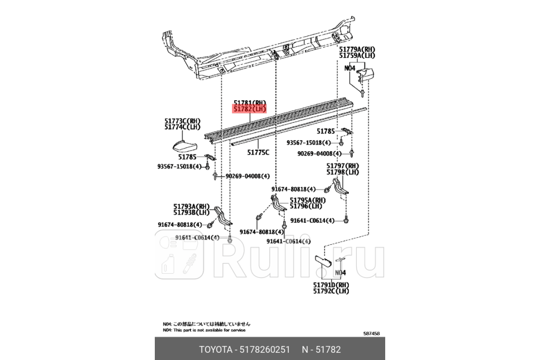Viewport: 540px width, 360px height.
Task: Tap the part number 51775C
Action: pos(258,153)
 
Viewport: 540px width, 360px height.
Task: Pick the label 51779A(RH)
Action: pos(357,49)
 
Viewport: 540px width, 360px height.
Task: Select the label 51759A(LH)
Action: pos(357,55)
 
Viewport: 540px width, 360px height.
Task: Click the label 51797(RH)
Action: pos(343,166)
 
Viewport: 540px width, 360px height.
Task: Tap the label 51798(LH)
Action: pos(343,172)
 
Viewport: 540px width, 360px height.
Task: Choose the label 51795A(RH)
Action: pos(307,200)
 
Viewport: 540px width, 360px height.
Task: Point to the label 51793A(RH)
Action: pos(192,206)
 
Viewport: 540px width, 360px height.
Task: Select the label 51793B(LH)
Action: pos(192,212)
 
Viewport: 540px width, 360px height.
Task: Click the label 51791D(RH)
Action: pos(331,285)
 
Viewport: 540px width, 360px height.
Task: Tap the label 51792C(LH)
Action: pos(331,292)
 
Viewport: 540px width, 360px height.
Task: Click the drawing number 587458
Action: pos(372,333)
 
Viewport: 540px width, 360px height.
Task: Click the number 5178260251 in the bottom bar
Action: pos(265,350)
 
